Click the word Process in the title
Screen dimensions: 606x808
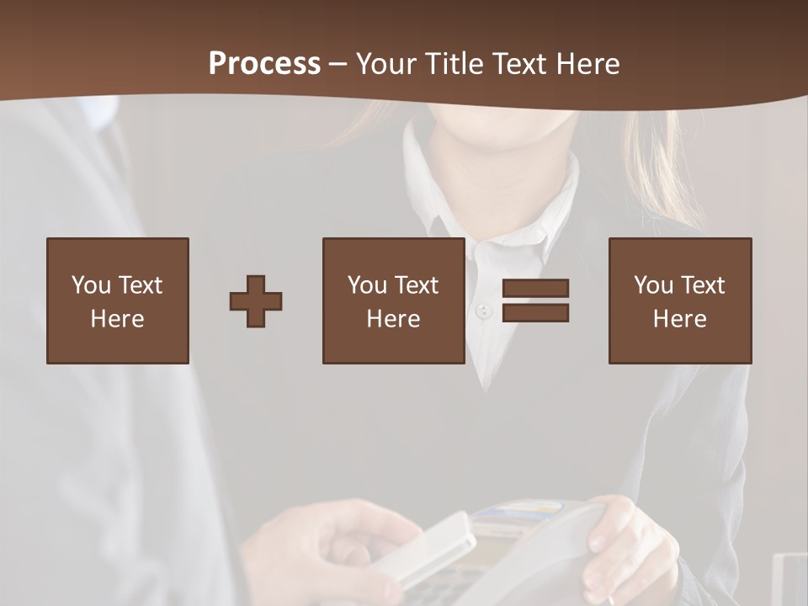264,64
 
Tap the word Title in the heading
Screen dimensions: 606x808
454,64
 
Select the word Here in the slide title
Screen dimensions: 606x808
587,64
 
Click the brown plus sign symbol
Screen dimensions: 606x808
256,301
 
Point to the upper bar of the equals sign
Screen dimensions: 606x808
535,288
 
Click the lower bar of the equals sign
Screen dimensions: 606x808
535,313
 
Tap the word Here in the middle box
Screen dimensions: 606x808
394,319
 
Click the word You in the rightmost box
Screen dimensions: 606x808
654,285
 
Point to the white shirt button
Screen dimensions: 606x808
482,311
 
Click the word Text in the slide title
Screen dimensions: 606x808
519,64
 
